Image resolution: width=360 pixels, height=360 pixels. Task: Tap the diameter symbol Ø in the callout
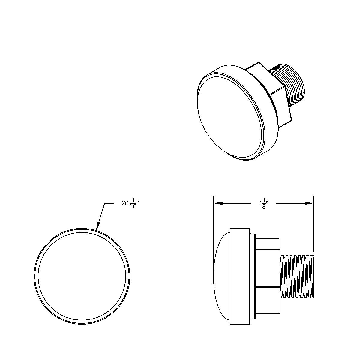click(124, 203)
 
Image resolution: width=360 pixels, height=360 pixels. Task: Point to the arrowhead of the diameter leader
click(97, 228)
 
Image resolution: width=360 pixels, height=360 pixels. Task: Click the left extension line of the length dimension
click(214, 216)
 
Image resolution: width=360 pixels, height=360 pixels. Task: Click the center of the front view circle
click(82, 276)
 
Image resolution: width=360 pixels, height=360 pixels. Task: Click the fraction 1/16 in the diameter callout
click(133, 204)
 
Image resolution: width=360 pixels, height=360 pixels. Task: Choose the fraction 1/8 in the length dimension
click(264, 204)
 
